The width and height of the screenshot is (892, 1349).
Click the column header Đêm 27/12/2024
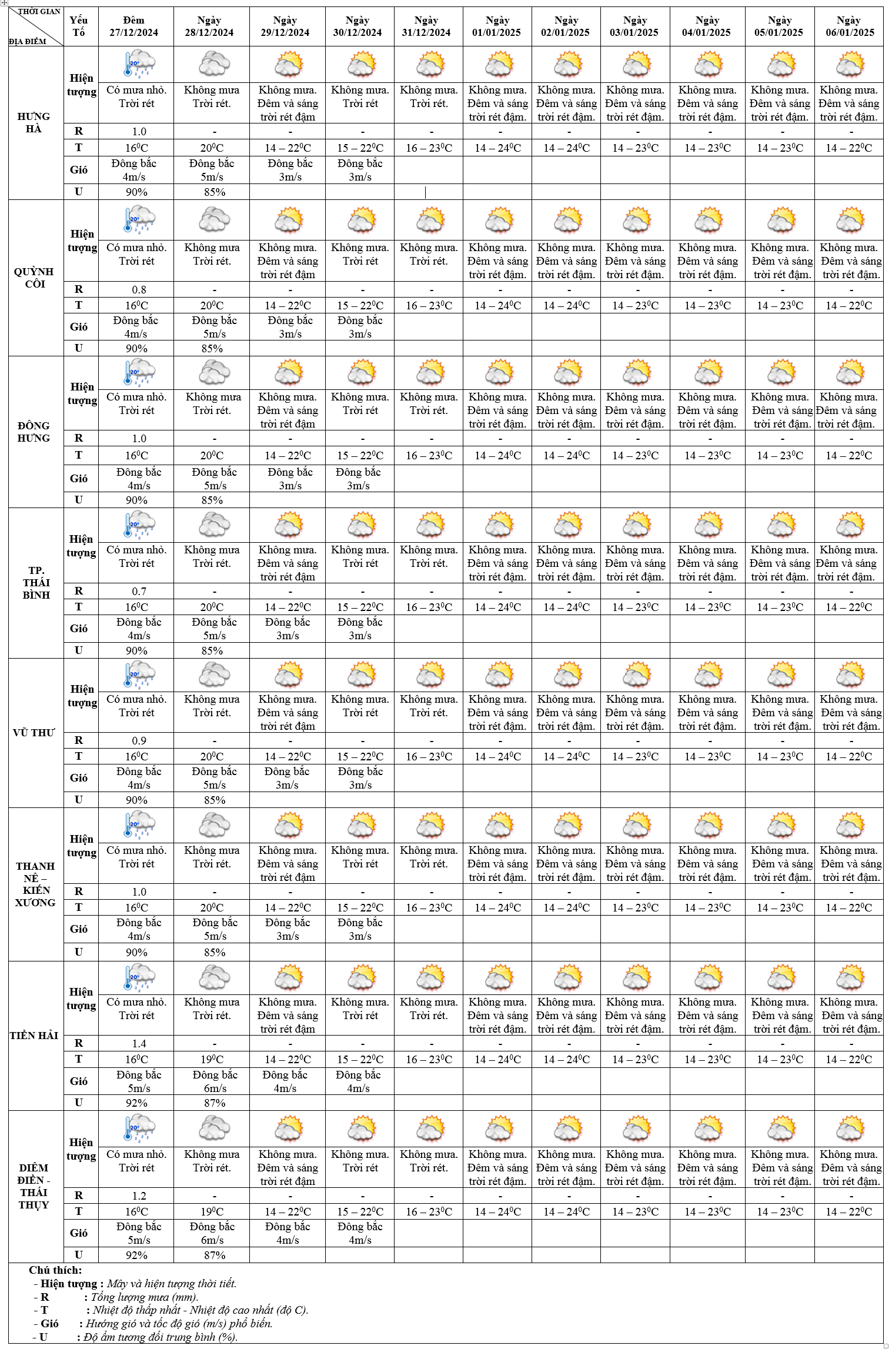point(134,26)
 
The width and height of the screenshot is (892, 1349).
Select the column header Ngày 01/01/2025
point(497,26)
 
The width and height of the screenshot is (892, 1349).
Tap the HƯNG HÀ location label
point(34,122)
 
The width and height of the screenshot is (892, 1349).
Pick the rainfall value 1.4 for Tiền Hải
point(139,1043)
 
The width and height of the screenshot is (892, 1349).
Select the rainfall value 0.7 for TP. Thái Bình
point(139,591)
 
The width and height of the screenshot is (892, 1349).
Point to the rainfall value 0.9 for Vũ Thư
point(139,740)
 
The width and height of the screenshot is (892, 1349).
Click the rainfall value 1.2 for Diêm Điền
point(139,1196)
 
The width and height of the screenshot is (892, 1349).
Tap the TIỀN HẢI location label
point(34,1036)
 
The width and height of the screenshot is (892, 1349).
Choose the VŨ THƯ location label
point(34,733)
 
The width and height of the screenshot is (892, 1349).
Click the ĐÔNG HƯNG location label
point(34,432)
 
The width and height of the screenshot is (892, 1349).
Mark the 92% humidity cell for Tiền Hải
point(136,1103)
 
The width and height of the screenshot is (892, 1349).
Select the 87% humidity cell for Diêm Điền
point(215,1255)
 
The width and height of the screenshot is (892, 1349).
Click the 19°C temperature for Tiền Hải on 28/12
point(212,1059)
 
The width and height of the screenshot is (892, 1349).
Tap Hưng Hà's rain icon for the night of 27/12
point(139,64)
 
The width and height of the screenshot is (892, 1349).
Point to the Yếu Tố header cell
point(79,26)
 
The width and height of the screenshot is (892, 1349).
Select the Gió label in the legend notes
point(49,1323)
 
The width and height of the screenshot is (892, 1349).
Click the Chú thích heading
point(55,1270)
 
